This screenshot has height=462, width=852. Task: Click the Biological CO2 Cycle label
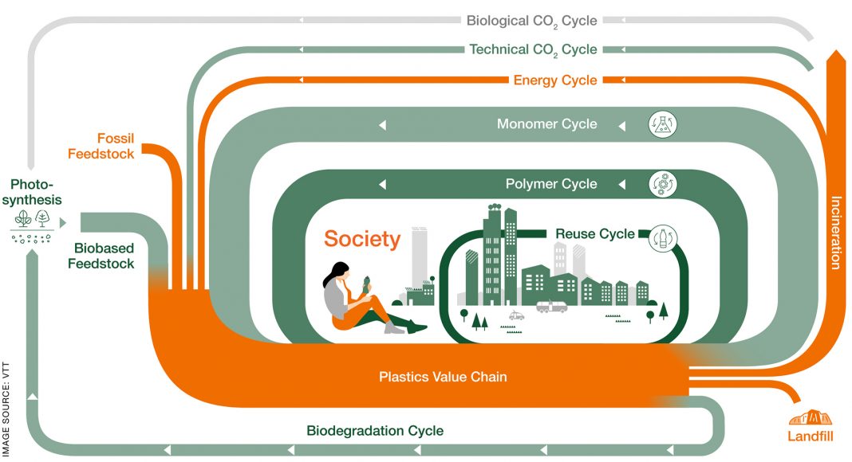coord(531,21)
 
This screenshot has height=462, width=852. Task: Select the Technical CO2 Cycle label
coord(533,49)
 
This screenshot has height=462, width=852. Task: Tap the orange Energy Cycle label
coord(555,80)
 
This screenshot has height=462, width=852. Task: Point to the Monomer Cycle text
coord(546,124)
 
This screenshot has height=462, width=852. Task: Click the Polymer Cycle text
coord(551,184)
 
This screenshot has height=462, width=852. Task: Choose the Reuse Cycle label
coord(595,234)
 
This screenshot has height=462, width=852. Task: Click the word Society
coord(361,239)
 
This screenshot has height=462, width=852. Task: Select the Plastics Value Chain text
coord(443,377)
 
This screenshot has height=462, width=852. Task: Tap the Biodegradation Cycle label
coord(375,431)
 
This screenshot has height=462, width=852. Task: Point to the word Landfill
coord(810,437)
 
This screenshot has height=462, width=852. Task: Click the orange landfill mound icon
coord(810,416)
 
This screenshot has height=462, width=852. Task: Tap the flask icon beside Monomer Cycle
coord(663,124)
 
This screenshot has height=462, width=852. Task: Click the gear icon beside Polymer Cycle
coord(662,184)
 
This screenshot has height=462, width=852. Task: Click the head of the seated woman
coord(341,272)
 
